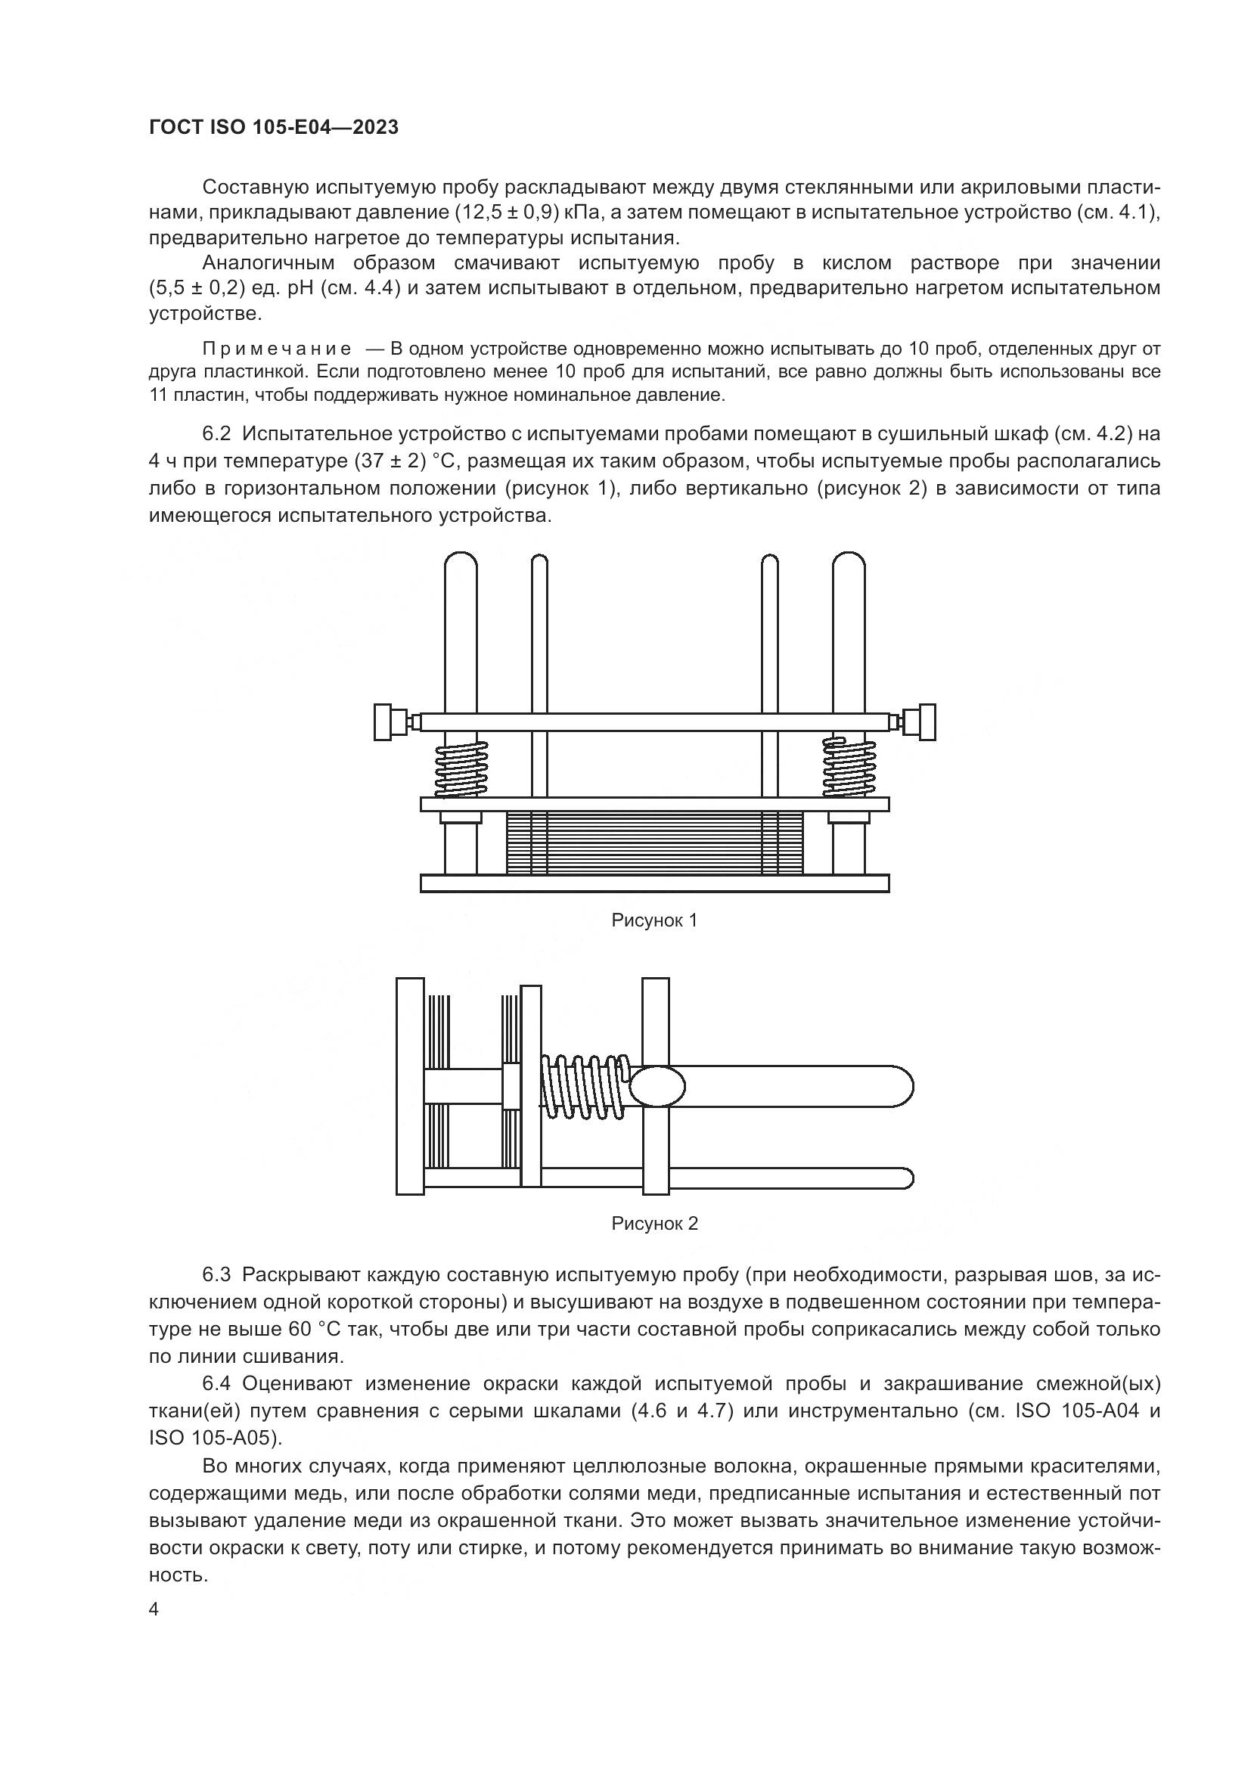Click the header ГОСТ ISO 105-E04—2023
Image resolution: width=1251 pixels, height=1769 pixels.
tap(274, 128)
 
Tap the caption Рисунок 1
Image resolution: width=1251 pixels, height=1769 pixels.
tap(654, 920)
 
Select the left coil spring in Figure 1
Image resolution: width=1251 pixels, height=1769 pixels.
tap(461, 768)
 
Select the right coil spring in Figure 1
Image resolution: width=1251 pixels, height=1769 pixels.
tap(849, 768)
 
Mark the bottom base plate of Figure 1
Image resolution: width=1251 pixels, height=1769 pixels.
tap(654, 883)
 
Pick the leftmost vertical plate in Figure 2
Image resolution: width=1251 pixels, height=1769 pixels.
tap(410, 1086)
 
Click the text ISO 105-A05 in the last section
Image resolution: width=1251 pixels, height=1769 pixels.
tap(210, 1438)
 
